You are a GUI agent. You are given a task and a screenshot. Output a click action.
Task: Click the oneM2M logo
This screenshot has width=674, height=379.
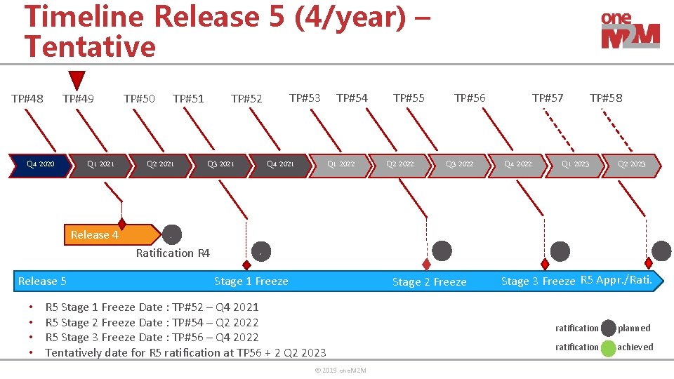[630, 31]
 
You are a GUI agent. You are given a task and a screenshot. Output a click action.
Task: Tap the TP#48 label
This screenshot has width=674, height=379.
[27, 98]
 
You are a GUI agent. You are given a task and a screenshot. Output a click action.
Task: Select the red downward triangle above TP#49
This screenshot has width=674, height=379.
[77, 79]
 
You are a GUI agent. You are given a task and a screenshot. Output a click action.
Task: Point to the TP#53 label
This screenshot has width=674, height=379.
[305, 97]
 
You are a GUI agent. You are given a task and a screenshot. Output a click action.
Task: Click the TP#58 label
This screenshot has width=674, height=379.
[605, 98]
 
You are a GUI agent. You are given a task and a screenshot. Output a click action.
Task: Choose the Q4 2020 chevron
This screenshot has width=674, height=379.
[40, 164]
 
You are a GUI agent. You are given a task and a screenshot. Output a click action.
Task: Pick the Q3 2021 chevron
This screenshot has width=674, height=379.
[220, 164]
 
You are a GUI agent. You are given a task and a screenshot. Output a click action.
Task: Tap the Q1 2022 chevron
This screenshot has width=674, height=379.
[341, 164]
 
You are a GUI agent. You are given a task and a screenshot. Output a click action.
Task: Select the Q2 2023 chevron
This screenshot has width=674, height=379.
[631, 164]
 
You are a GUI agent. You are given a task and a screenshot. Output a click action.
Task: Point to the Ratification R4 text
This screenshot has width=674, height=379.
[173, 253]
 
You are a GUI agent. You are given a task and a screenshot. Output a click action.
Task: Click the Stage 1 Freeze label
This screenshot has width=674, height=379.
[251, 281]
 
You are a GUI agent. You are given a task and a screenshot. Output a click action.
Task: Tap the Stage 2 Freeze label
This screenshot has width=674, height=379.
[429, 281]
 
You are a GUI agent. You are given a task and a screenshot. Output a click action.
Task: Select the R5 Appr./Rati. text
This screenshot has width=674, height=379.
[616, 280]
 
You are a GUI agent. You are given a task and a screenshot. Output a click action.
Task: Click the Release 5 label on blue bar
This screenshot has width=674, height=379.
[42, 281]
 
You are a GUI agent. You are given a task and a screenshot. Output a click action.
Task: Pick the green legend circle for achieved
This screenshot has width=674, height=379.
[608, 347]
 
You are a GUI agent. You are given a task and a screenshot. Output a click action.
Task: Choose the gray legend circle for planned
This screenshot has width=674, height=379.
[608, 328]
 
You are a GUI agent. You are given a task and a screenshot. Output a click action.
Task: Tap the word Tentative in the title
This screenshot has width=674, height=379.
[90, 47]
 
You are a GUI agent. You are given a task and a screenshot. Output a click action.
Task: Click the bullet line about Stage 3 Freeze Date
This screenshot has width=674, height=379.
[152, 337]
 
